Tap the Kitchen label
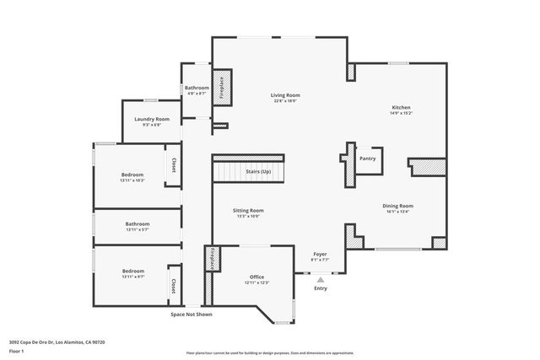point(401,108)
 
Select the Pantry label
point(368,158)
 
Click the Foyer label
point(320,254)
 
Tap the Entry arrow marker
point(320,279)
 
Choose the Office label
point(256,277)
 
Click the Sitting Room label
point(248,210)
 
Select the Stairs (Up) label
point(258,171)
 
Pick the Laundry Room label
point(152,119)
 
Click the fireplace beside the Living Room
point(222,87)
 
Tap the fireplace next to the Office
point(212,259)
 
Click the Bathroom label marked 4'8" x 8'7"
point(197,88)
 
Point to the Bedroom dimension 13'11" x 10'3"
point(133,180)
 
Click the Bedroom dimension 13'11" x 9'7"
point(133,277)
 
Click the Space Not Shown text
point(192,314)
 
